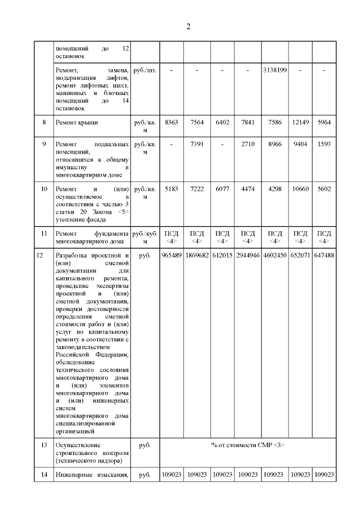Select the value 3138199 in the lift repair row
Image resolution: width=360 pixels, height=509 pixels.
pos(275,70)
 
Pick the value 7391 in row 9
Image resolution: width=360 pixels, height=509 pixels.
pos(196,145)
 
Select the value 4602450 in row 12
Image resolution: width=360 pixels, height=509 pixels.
pos(275,255)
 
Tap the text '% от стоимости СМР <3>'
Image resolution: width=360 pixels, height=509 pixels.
pos(248,445)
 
